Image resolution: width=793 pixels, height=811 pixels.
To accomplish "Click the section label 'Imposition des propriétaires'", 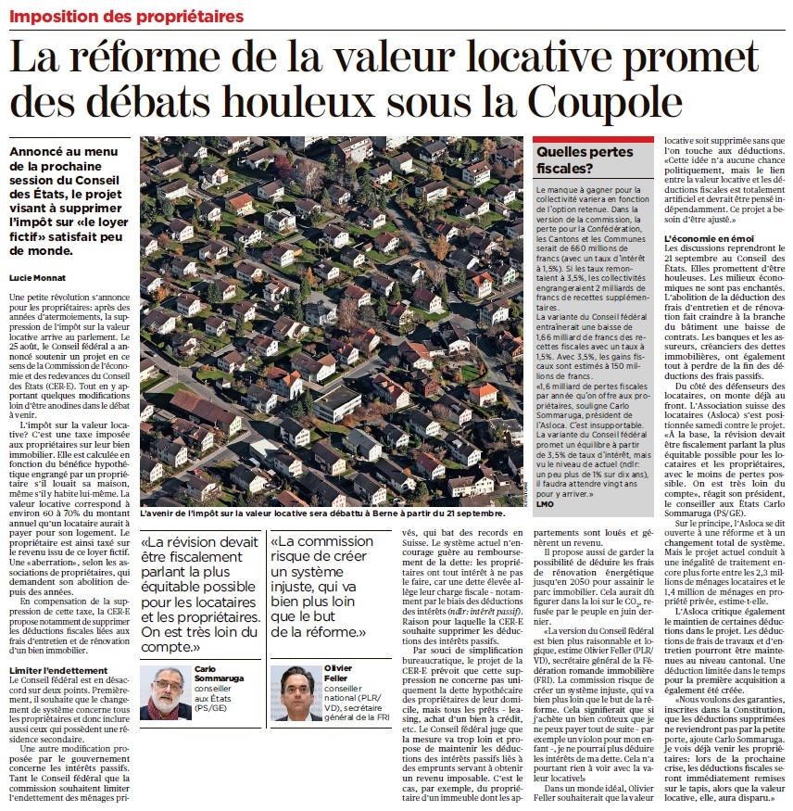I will point(126,16).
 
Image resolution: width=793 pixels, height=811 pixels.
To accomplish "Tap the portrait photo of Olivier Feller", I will point(296,692).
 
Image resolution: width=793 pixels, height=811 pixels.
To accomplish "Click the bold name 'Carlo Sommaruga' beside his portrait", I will point(218,673).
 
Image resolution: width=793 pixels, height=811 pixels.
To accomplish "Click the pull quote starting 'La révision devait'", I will point(198,592).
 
